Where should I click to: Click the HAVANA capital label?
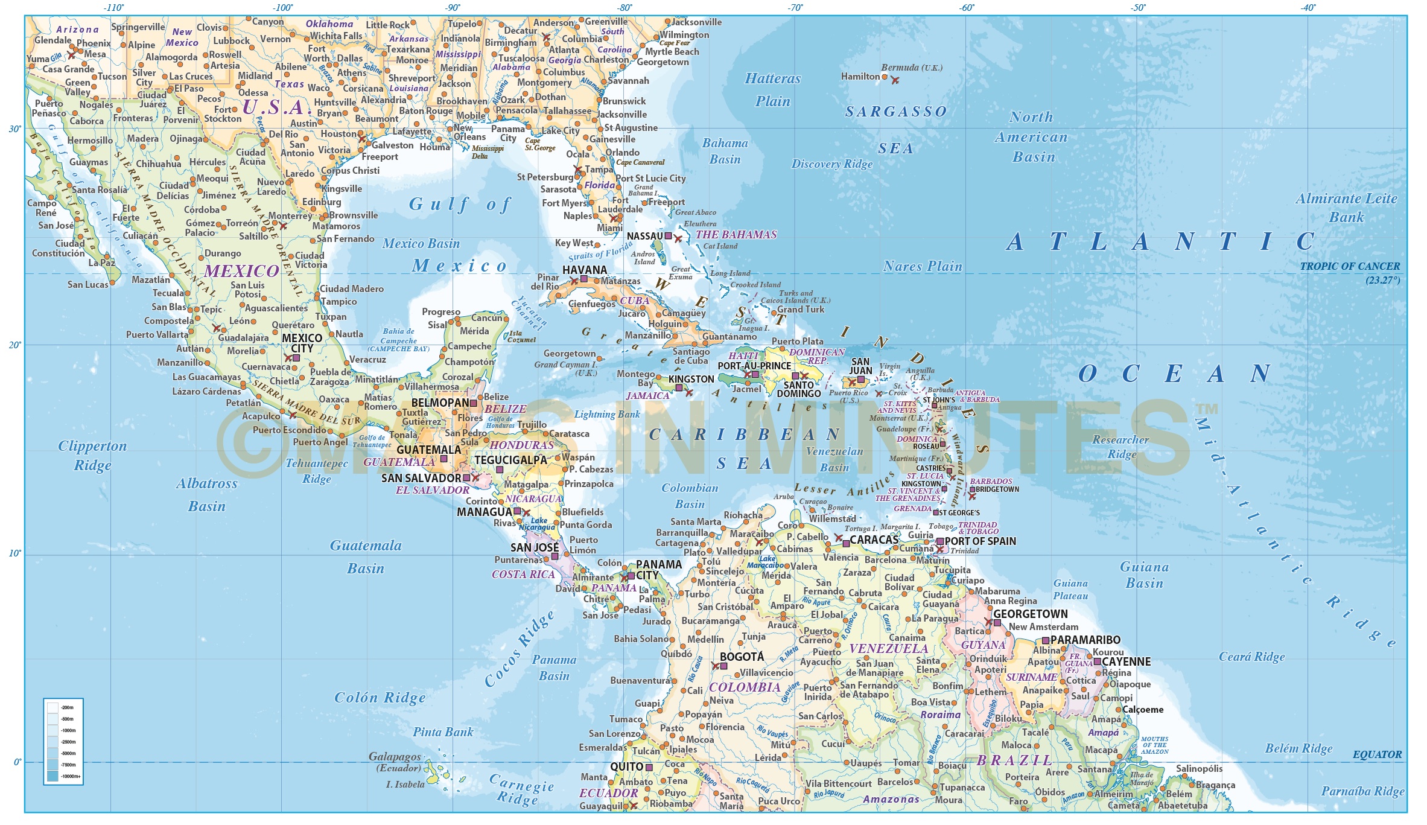tap(584, 270)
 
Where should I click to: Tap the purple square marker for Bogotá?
tap(723, 666)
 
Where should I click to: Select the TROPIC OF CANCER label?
tap(1349, 266)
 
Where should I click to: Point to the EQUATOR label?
tap(1377, 754)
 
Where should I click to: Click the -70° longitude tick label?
tap(795, 8)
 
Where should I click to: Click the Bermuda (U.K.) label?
tap(911, 68)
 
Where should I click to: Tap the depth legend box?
tap(63, 741)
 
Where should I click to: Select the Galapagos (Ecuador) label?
tap(395, 762)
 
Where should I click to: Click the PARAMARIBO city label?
tap(1085, 640)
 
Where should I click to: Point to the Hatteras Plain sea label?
tap(772, 89)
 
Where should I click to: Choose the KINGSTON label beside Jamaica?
tap(691, 379)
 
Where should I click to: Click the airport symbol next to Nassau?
tap(678, 239)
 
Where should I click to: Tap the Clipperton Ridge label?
tap(92, 455)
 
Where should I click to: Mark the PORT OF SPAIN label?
tap(980, 541)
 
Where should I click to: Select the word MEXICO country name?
tap(241, 271)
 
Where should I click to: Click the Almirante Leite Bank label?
tap(1346, 208)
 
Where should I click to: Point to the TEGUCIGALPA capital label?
tap(510, 460)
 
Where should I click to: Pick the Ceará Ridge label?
tap(1251, 657)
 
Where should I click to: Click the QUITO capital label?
tap(626, 766)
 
